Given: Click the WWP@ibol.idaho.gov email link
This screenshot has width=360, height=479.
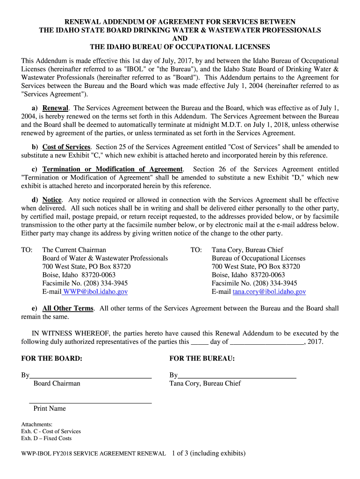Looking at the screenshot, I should pyautogui.click(x=95, y=292).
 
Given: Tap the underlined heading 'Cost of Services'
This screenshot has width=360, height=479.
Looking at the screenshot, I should pyautogui.click(x=66, y=147).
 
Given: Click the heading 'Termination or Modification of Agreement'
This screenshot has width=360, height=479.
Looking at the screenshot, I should pyautogui.click(x=113, y=169).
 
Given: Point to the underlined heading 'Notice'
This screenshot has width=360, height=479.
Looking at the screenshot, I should pyautogui.click(x=52, y=200).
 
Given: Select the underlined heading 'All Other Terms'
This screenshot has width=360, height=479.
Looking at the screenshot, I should pyautogui.click(x=68, y=309).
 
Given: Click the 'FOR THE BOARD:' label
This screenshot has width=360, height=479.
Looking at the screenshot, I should pyautogui.click(x=51, y=359).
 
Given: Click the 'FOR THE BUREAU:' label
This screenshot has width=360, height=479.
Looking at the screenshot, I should pyautogui.click(x=202, y=359).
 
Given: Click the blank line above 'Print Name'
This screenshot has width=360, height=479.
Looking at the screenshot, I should pyautogui.click(x=91, y=402).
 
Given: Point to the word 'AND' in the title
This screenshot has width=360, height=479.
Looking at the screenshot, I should pyautogui.click(x=180, y=39).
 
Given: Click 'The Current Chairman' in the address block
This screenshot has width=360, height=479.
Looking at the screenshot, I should pyautogui.click(x=74, y=250).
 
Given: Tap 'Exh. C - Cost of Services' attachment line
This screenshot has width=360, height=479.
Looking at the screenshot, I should pyautogui.click(x=51, y=431).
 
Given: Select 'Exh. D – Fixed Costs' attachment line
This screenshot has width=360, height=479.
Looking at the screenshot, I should pyautogui.click(x=46, y=439).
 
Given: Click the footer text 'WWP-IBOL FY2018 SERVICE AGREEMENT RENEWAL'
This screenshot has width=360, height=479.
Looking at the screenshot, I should pyautogui.click(x=94, y=454).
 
